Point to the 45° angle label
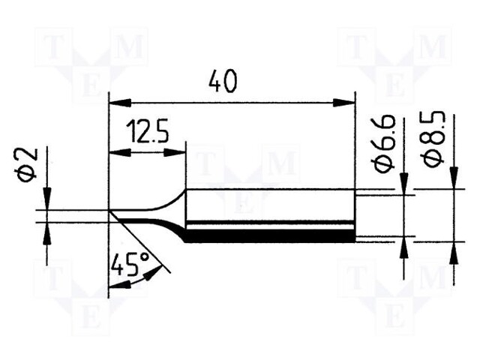(129, 264)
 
